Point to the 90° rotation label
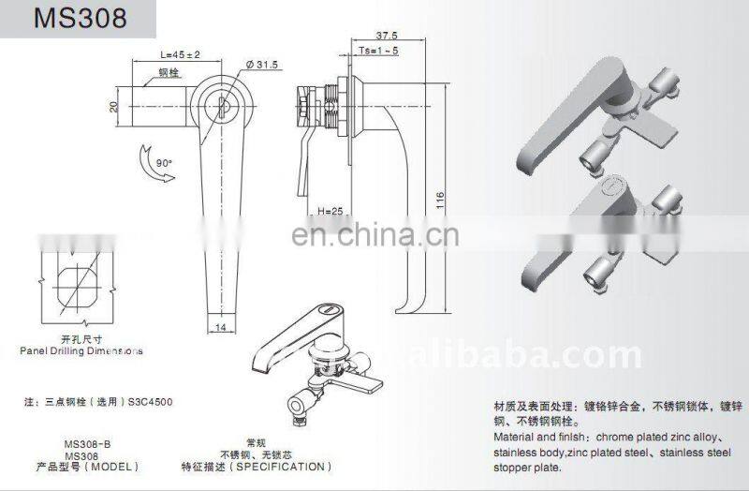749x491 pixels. tap(166, 162)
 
